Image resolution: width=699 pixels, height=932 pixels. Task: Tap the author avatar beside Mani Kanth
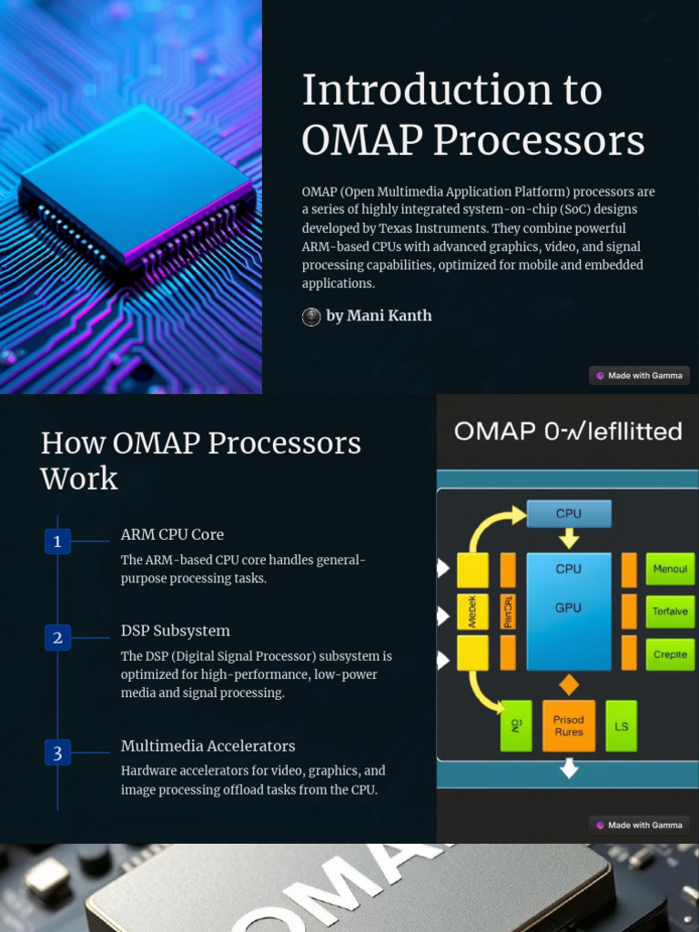pos(311,317)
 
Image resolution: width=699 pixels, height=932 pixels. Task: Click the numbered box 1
pos(57,542)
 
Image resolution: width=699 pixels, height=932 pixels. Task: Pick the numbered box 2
pos(57,638)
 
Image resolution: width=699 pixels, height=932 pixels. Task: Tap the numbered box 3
pos(57,753)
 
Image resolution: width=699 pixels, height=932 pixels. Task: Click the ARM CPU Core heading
pos(172,534)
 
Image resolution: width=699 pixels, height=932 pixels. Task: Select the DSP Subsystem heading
pos(175,631)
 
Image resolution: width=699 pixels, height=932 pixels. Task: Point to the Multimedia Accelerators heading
pos(208,745)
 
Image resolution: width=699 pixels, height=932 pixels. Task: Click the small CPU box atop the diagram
pos(569,514)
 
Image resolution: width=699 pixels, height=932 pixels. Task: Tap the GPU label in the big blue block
pos(568,608)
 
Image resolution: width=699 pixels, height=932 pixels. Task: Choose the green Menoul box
pos(670,570)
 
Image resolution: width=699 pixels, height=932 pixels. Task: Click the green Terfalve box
pos(670,612)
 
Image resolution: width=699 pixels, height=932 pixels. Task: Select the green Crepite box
pos(670,654)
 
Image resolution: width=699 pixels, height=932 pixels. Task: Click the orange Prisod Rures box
pos(569,726)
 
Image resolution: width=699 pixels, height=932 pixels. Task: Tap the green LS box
pos(621,726)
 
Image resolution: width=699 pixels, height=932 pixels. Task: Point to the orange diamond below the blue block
pos(569,684)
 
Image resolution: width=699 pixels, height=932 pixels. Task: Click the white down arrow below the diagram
pos(569,769)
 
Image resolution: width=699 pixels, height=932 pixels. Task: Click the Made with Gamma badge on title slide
pos(639,375)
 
